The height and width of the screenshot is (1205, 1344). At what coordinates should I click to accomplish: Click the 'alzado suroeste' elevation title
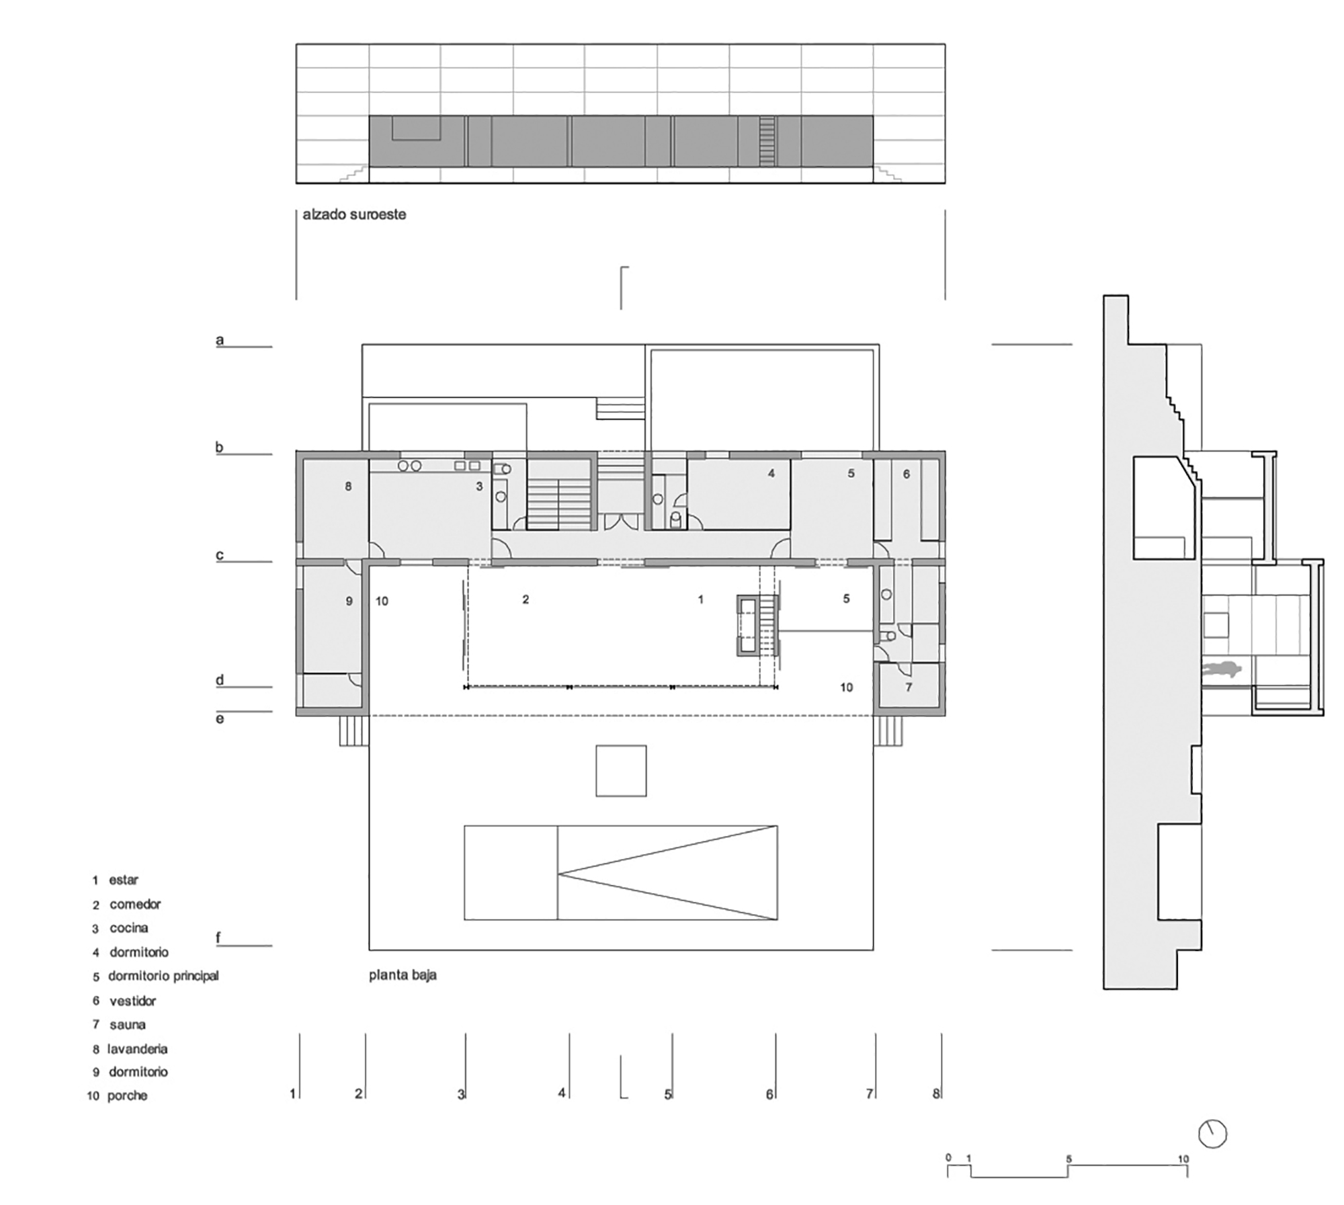pos(354,215)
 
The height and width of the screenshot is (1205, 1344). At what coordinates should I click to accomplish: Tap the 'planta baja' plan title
pos(403,974)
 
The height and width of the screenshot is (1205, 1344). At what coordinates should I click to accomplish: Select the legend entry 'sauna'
pos(128,1025)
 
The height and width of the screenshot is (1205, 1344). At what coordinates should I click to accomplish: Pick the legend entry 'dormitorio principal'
pos(163,976)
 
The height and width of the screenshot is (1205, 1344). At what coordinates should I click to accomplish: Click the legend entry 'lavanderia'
pos(137,1049)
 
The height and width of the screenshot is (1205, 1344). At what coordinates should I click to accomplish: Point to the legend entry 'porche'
pos(127,1096)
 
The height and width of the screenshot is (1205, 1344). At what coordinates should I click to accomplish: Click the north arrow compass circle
pos(1213,1134)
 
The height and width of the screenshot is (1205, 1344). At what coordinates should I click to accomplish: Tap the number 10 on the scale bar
pos(1183,1159)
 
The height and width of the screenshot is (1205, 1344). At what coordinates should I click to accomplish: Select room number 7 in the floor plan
pos(909,688)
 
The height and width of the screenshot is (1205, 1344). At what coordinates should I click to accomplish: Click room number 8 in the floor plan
pos(348,487)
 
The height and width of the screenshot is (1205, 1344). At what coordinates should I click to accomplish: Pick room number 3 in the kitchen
pos(479,487)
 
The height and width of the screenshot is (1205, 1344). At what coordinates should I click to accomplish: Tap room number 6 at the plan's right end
pos(906,474)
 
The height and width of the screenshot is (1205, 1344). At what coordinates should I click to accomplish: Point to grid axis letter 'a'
pos(219,339)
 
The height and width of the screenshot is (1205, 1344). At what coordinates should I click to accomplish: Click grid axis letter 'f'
pos(218,938)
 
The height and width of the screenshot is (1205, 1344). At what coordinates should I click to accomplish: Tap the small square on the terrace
pos(621,770)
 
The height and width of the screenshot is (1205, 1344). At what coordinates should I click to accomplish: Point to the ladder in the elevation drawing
pos(767,141)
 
